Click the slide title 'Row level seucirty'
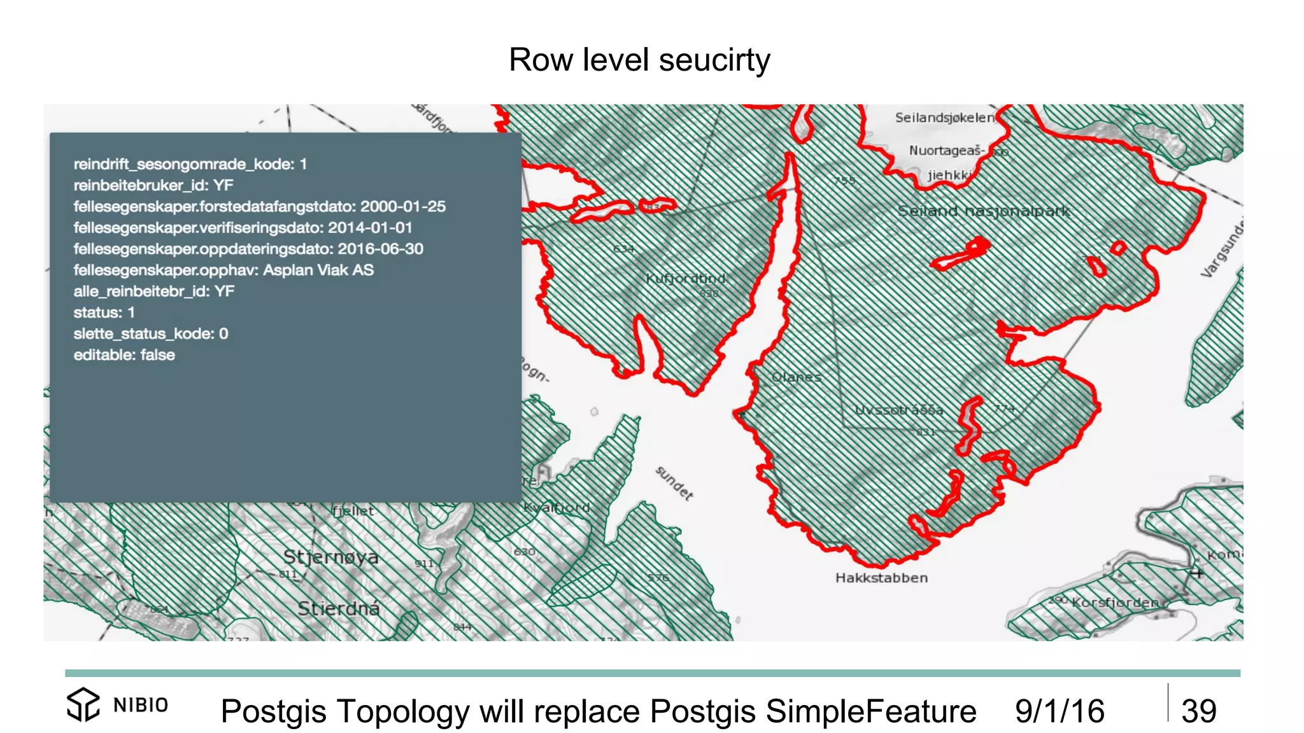point(639,60)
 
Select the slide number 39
point(1198,711)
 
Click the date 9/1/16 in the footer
point(1059,711)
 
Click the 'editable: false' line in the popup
point(124,355)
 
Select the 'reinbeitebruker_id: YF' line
point(153,185)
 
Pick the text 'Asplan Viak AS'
point(318,270)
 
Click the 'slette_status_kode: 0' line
point(151,333)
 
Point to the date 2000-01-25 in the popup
point(402,206)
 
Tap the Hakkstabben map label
point(881,578)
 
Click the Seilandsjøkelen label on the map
point(944,118)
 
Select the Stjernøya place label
point(330,557)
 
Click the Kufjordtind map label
point(686,279)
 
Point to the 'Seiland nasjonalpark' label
point(984,211)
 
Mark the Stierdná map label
point(339,608)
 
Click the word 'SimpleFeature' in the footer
point(870,711)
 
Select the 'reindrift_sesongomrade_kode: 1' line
point(190,164)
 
